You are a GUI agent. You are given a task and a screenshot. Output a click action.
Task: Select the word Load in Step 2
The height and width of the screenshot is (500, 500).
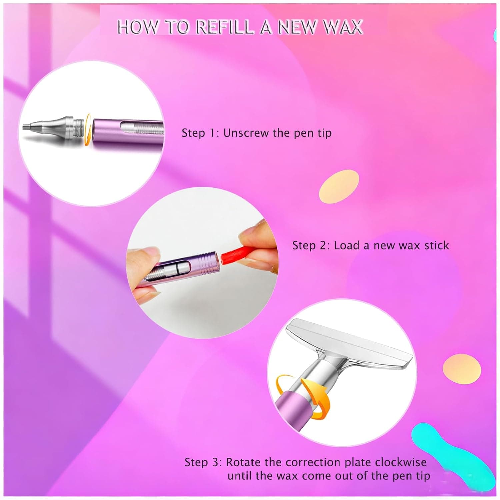(x=347, y=246)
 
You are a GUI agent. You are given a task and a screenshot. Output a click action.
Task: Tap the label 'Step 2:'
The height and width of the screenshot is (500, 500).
(x=311, y=246)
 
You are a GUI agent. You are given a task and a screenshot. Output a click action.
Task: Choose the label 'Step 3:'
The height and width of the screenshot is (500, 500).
(x=203, y=462)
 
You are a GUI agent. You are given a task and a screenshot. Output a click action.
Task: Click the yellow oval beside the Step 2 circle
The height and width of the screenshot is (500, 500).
(x=339, y=187)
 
